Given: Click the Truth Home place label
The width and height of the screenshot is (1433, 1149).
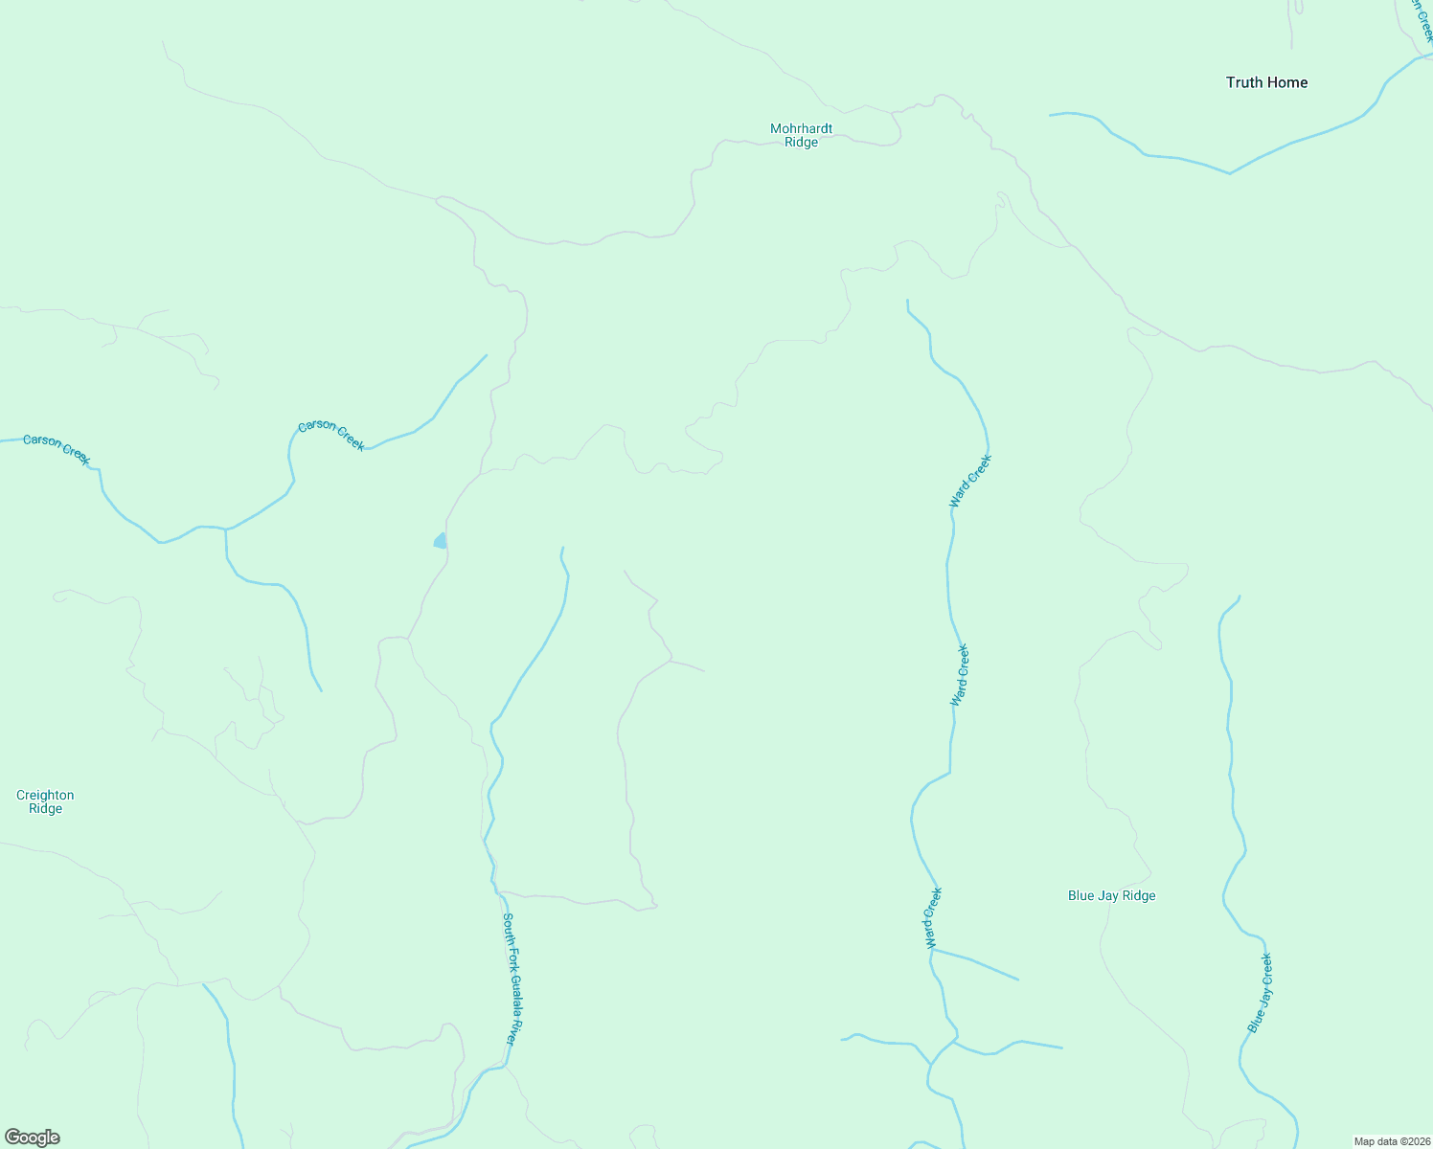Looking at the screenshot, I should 1266,82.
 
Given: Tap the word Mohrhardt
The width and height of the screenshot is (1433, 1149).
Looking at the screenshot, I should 801,128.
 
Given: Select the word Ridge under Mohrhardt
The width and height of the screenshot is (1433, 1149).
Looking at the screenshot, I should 801,143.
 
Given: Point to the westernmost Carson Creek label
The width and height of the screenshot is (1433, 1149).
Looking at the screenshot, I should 57,450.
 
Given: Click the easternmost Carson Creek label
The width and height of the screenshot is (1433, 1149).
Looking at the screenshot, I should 331,435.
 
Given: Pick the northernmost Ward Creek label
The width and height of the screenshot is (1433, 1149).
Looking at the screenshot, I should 970,481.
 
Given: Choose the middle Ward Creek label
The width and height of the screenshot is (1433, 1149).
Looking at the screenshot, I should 960,675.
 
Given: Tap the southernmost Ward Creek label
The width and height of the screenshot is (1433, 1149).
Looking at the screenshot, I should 933,917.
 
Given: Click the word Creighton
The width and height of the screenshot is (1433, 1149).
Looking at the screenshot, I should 45,795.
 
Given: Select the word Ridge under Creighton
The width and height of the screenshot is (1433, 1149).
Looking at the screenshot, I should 45,809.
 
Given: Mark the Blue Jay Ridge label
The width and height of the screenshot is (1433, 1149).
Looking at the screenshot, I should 1111,896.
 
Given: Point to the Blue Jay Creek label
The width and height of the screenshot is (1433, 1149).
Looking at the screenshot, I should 1261,993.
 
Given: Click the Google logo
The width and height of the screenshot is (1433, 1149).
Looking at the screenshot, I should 33,1138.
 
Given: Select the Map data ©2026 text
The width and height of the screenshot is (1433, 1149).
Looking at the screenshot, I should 1392,1141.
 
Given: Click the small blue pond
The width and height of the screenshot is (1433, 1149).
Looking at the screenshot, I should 441,541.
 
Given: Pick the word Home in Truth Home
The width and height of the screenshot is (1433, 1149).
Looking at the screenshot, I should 1288,82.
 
